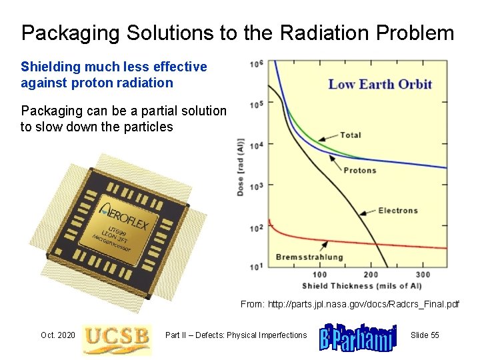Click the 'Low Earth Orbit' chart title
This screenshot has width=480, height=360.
point(380,85)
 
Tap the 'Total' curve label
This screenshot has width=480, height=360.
point(351,135)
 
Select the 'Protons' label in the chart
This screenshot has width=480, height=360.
point(360,170)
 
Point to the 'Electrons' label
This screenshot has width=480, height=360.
point(398,211)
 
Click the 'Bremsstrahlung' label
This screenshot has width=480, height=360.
point(309,257)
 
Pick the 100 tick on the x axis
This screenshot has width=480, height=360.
point(320,274)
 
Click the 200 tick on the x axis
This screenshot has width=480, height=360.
point(371,274)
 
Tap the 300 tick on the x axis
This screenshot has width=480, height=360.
point(423,274)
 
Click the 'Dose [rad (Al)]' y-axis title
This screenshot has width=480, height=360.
point(240,167)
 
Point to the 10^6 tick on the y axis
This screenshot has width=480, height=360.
point(256,64)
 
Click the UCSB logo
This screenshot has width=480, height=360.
point(116,336)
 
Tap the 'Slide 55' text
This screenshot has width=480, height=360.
point(425,335)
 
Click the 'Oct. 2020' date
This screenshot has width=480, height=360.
point(58,335)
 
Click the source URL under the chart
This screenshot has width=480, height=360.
point(350,304)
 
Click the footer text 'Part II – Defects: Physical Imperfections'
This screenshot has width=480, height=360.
point(236,335)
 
